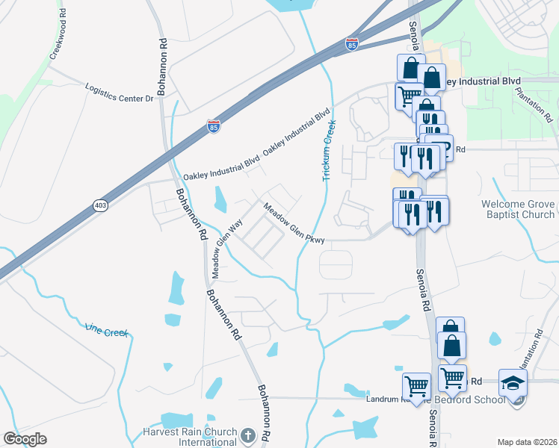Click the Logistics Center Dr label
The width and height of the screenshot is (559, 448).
[x=119, y=92]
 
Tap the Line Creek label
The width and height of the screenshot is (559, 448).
[x=106, y=329]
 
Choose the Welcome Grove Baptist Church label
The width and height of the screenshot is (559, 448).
[x=518, y=209]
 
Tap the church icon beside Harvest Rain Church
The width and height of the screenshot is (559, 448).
[x=248, y=434]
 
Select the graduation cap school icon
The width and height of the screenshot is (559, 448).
[x=513, y=384]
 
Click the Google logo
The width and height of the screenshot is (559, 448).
[x=24, y=438]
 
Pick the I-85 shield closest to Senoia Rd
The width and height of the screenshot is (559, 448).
[x=352, y=44]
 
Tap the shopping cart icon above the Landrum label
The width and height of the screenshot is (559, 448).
[x=416, y=387]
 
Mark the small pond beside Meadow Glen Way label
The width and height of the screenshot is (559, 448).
[x=220, y=199]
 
